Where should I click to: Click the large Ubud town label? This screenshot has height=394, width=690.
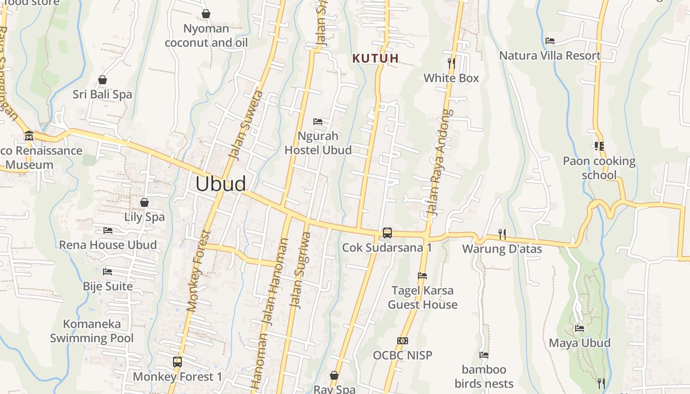pyautogui.click(x=220, y=184)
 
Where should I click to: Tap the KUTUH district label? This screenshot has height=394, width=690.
pyautogui.click(x=376, y=58)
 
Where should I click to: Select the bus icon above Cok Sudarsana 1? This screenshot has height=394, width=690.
pyautogui.click(x=387, y=232)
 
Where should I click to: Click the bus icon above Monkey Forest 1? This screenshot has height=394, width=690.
pyautogui.click(x=177, y=362)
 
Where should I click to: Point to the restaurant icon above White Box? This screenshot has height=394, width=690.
pyautogui.click(x=451, y=63)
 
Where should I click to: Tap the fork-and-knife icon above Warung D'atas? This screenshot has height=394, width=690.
pyautogui.click(x=502, y=234)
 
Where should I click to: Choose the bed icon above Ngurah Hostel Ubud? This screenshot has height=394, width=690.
pyautogui.click(x=318, y=121)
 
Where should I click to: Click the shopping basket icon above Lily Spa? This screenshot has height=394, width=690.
pyautogui.click(x=144, y=202)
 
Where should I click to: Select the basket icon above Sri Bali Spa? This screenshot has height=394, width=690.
pyautogui.click(x=103, y=79)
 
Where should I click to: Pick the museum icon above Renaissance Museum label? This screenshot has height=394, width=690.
pyautogui.click(x=29, y=135)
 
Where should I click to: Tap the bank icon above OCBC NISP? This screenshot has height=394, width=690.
pyautogui.click(x=403, y=340)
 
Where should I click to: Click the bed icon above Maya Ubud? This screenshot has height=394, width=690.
pyautogui.click(x=580, y=328)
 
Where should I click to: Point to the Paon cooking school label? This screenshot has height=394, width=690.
pyautogui.click(x=599, y=168)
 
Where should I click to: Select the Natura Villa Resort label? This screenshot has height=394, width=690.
pyautogui.click(x=550, y=55)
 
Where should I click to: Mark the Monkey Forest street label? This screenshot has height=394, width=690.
pyautogui.click(x=199, y=271)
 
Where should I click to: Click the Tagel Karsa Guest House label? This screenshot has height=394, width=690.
pyautogui.click(x=422, y=297)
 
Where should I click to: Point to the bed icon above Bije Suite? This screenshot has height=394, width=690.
pyautogui.click(x=107, y=271)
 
